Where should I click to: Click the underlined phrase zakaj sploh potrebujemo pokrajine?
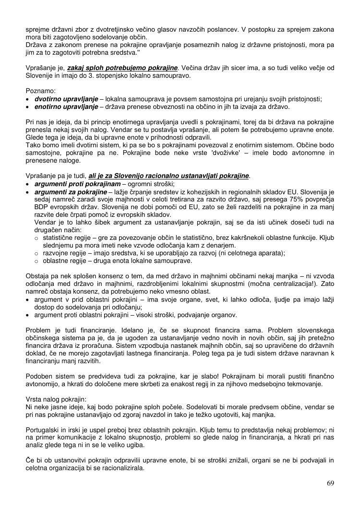122,68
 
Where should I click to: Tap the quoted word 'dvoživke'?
219,153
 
